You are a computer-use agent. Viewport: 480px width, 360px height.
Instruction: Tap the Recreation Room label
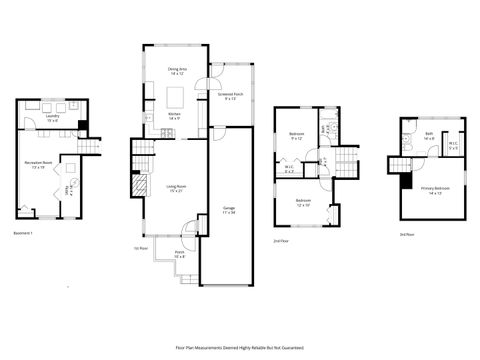(x=39, y=164)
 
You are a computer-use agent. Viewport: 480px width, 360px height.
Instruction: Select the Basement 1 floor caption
(x=23, y=233)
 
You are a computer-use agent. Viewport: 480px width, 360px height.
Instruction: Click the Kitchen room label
(x=174, y=116)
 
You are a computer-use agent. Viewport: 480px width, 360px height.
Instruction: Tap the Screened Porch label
(x=230, y=96)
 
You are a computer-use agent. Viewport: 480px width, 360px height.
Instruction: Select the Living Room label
(x=176, y=187)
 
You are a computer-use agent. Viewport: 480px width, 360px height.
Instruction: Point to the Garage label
(x=229, y=210)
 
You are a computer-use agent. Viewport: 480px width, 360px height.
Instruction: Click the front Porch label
(x=180, y=254)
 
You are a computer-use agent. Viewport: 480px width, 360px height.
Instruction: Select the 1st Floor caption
(x=141, y=248)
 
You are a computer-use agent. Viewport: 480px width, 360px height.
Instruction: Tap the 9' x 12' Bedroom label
(x=297, y=135)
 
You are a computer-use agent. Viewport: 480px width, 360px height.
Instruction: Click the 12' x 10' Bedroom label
(x=303, y=202)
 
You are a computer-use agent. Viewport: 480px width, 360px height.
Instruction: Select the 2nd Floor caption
(x=284, y=241)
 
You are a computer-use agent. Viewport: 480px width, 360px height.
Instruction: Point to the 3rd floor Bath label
(x=428, y=135)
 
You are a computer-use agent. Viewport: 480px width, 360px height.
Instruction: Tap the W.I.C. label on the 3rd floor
(x=453, y=146)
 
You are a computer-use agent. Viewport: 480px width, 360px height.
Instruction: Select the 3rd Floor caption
(x=407, y=234)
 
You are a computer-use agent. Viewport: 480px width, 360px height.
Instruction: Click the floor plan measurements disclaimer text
(x=240, y=347)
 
